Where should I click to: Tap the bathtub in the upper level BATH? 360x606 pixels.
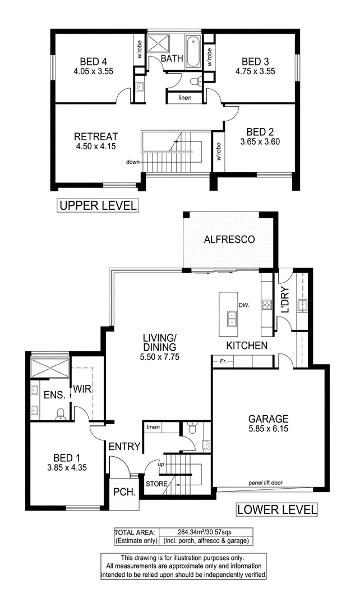(193, 52)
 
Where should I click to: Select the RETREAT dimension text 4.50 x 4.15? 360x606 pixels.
(96, 147)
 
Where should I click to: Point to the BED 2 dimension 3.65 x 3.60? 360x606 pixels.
(259, 141)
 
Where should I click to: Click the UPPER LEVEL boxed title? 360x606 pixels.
(98, 206)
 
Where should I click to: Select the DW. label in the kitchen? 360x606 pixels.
(243, 305)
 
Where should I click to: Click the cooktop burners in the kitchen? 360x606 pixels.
(267, 306)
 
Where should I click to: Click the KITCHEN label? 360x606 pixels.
(247, 345)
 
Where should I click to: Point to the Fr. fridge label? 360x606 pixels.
(223, 361)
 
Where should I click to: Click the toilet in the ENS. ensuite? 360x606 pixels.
(60, 414)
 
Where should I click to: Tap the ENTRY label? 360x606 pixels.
(124, 446)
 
